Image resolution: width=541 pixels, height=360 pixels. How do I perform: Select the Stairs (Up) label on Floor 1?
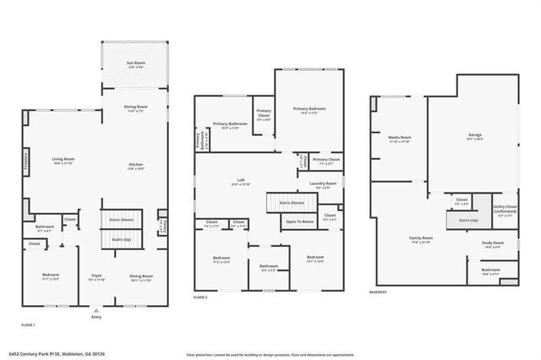[x=122, y=239]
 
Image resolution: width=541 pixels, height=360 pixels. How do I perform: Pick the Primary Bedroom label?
[x=309, y=109]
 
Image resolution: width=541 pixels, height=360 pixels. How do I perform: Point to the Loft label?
[x=241, y=180]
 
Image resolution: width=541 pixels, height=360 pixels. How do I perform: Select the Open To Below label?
[x=300, y=221]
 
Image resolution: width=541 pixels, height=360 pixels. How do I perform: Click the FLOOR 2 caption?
[x=200, y=297]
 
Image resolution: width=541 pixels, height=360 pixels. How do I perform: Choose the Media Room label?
[x=400, y=137]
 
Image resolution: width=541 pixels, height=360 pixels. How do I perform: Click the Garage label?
[x=475, y=134]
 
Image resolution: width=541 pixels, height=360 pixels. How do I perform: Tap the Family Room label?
[x=421, y=239]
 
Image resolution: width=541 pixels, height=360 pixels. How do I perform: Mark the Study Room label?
[x=493, y=244]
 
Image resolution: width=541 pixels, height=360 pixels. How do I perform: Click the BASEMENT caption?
[x=379, y=292]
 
